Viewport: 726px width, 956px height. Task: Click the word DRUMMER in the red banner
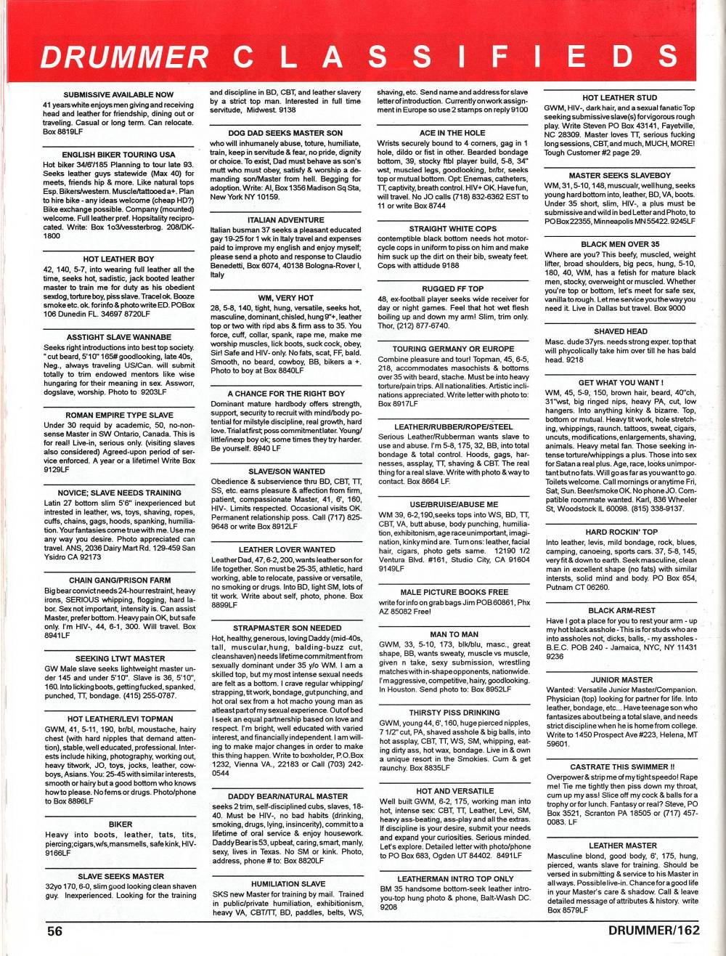click(x=125, y=58)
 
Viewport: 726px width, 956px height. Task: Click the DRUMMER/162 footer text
click(x=653, y=931)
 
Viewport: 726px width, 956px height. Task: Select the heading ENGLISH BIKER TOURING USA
click(x=118, y=155)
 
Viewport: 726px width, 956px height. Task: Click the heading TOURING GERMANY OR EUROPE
click(x=453, y=349)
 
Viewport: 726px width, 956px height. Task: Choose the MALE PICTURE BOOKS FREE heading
click(x=454, y=592)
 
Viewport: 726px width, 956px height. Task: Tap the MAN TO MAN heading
click(x=454, y=634)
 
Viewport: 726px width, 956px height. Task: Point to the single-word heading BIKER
click(x=121, y=825)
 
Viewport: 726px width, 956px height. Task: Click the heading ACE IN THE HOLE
click(x=452, y=133)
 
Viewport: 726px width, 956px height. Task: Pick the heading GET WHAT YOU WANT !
click(x=621, y=382)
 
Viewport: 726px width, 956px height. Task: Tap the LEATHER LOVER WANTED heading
click(x=286, y=550)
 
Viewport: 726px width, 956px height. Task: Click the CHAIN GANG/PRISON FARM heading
click(x=120, y=580)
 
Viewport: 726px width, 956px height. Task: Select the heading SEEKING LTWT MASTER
click(x=120, y=658)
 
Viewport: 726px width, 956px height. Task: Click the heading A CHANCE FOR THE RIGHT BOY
click(x=286, y=394)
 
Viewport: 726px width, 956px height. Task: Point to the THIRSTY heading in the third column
click(x=454, y=713)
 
